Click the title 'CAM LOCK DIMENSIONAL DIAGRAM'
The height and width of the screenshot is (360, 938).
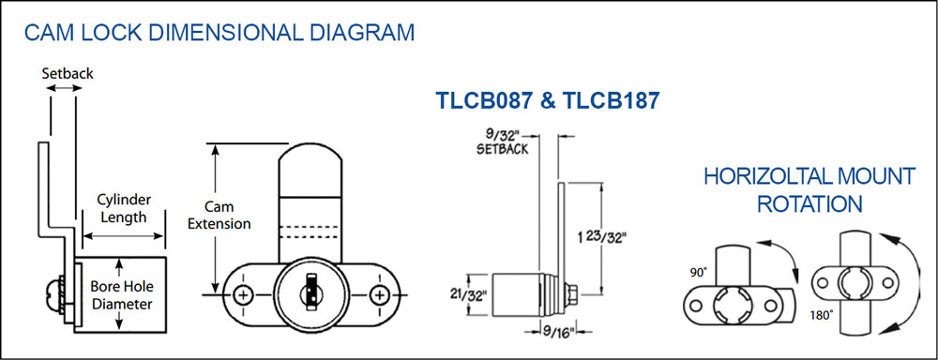tap(219, 32)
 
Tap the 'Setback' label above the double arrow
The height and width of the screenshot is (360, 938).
tap(68, 73)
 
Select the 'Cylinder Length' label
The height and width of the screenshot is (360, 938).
tap(123, 208)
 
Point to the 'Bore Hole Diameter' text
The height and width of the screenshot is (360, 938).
tap(121, 294)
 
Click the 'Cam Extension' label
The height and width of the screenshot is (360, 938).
tap(219, 216)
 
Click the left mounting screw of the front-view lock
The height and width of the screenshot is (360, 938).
tap(243, 294)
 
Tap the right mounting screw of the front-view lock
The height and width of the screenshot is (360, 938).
tap(379, 294)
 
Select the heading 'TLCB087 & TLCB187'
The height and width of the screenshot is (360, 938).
tap(548, 100)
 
